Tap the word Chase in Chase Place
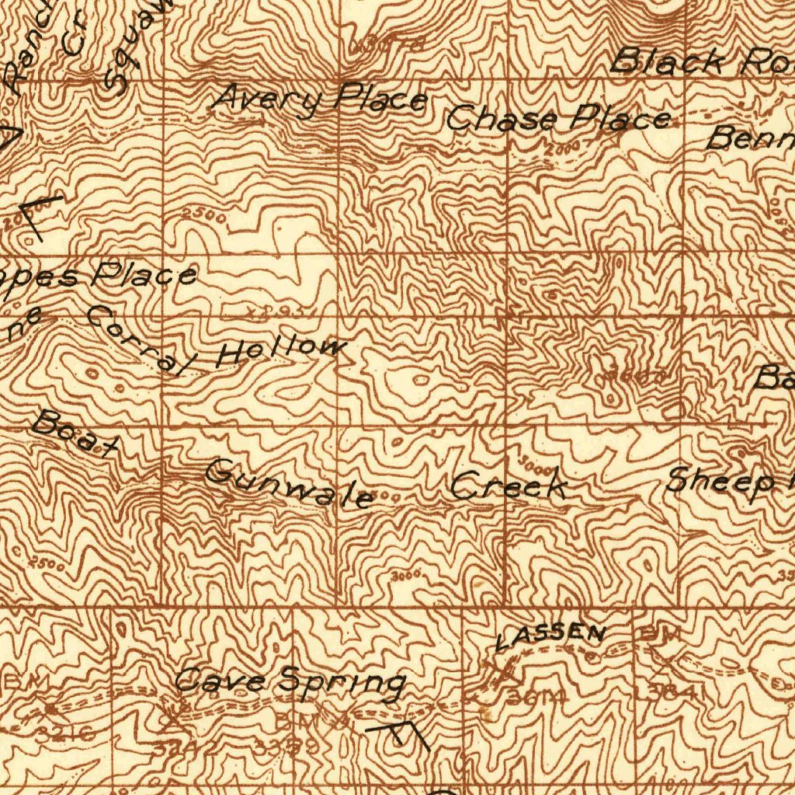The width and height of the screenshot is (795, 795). pyautogui.click(x=502, y=119)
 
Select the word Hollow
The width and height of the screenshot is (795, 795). pyautogui.click(x=280, y=351)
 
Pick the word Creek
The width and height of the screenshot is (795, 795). pyautogui.click(x=509, y=487)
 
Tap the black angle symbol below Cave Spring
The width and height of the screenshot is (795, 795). pyautogui.click(x=399, y=734)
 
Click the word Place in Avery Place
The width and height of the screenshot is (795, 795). pyautogui.click(x=381, y=99)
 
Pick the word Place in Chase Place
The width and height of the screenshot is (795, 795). pyautogui.click(x=620, y=118)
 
